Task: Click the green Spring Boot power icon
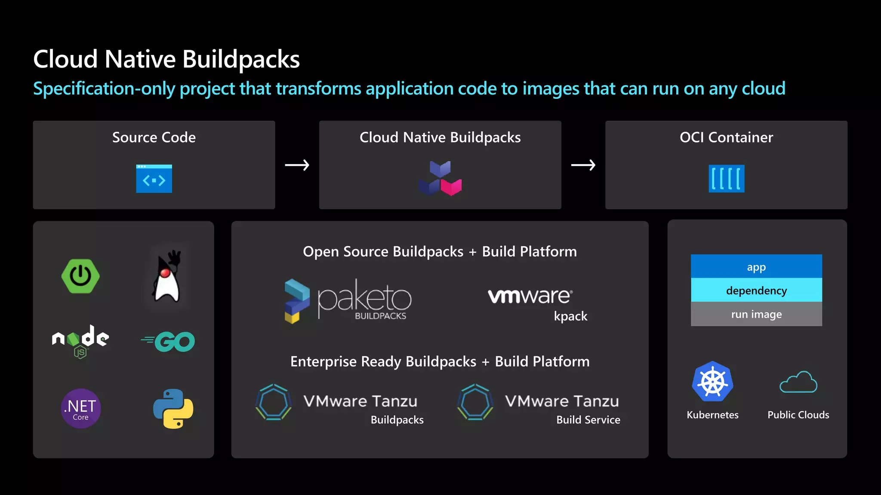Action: pyautogui.click(x=80, y=276)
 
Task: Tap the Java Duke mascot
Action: pyautogui.click(x=166, y=277)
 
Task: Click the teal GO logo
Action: pyautogui.click(x=169, y=342)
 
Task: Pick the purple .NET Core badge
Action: pyautogui.click(x=81, y=408)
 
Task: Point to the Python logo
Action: pyautogui.click(x=173, y=409)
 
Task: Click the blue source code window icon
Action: pyautogui.click(x=154, y=179)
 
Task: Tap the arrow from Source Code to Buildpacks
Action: pyautogui.click(x=297, y=165)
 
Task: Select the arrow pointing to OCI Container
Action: pyautogui.click(x=583, y=165)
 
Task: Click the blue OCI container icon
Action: pyautogui.click(x=726, y=179)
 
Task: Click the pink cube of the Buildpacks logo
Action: pyautogui.click(x=451, y=187)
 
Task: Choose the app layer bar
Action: pyautogui.click(x=756, y=267)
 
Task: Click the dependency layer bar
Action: pyautogui.click(x=756, y=290)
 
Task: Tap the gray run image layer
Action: pyautogui.click(x=756, y=314)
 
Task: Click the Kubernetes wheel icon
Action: pyautogui.click(x=712, y=382)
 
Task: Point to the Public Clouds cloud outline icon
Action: pyautogui.click(x=798, y=382)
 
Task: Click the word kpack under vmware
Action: pyautogui.click(x=570, y=316)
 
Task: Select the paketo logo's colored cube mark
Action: pyautogui.click(x=296, y=301)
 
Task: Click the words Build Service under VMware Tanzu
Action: pyautogui.click(x=588, y=420)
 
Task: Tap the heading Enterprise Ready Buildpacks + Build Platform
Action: pyautogui.click(x=440, y=361)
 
